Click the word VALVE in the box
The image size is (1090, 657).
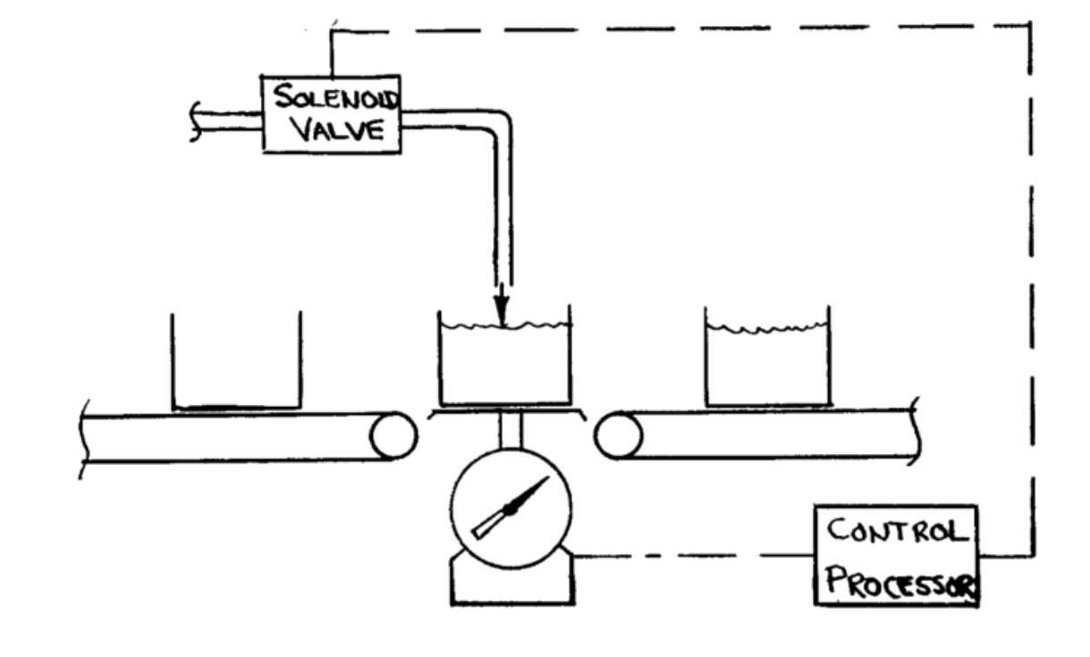point(329,131)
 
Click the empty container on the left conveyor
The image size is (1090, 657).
point(236,362)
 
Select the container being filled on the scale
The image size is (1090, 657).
point(503,362)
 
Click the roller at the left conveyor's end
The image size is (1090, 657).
point(393,435)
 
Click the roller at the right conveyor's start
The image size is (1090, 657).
point(619,435)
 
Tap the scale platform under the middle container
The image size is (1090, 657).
point(506,413)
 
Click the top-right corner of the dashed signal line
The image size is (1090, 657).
point(1031,26)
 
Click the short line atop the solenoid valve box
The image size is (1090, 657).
point(333,54)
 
